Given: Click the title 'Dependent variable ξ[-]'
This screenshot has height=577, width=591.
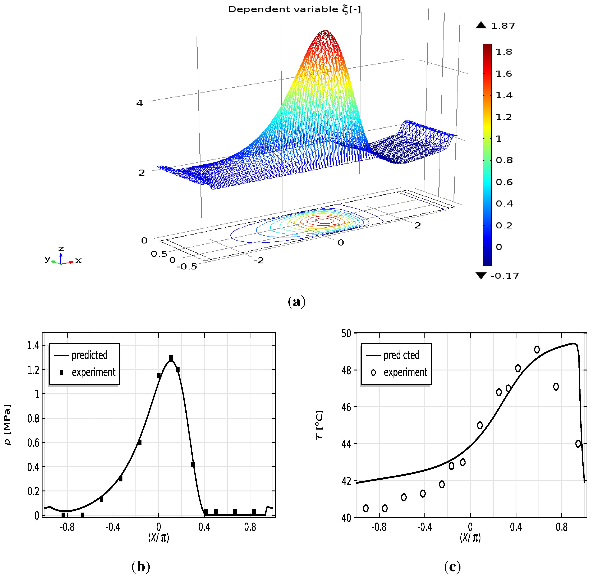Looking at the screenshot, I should point(294,9).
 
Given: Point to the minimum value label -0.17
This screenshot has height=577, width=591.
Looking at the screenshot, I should point(504,276).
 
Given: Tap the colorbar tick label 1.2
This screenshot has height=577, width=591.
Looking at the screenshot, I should point(503,117).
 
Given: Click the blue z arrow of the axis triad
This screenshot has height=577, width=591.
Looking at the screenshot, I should point(61,258).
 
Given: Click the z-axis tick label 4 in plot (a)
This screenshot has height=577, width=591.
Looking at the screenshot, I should point(139,103).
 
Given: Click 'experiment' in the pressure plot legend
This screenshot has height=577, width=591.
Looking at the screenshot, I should point(94,372).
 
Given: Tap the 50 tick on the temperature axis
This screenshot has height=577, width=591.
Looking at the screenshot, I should point(346,334).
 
